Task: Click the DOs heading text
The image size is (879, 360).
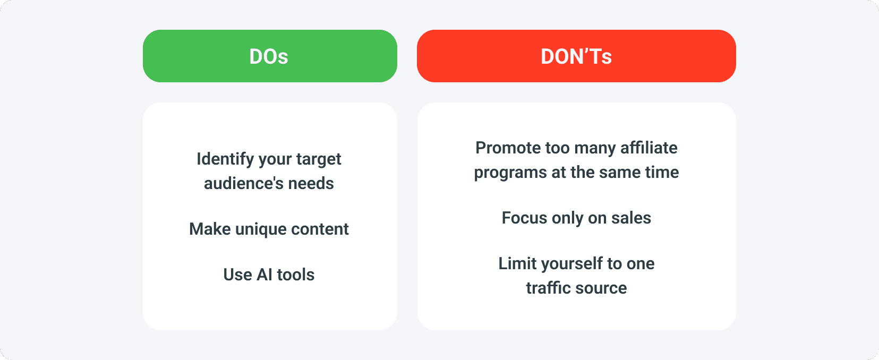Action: (269, 56)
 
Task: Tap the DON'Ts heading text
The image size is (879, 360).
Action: (576, 56)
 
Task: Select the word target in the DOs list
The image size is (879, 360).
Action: (319, 159)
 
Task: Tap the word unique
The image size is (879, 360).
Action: (261, 229)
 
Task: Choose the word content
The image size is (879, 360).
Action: (320, 229)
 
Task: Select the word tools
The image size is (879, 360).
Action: (296, 275)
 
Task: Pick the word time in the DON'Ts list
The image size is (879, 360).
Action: (662, 172)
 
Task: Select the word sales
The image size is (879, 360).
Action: (631, 218)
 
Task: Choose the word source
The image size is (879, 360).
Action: (601, 288)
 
